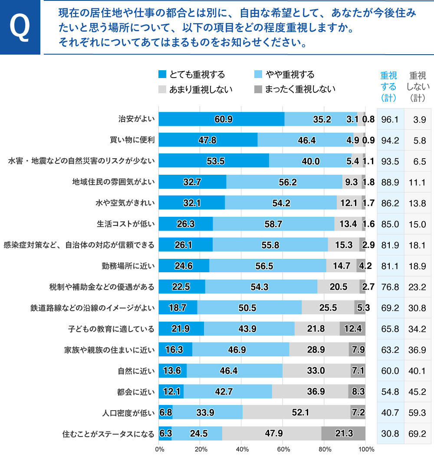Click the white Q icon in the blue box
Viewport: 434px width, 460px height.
[x=20, y=27]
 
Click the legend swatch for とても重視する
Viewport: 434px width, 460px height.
[x=163, y=75]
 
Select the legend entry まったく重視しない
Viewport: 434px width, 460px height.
[x=295, y=89]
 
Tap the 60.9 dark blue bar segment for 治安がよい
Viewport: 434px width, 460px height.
[x=221, y=119]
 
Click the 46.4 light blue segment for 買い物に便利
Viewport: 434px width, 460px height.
[x=306, y=140]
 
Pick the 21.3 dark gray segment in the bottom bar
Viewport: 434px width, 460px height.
[x=343, y=433]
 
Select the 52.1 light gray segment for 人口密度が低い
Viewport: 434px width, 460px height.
[x=296, y=412]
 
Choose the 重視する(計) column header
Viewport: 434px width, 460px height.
[x=388, y=86]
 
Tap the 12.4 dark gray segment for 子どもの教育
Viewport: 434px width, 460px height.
[x=352, y=329]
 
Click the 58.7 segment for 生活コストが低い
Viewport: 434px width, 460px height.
[x=273, y=224]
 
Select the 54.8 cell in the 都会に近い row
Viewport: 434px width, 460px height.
[x=390, y=391]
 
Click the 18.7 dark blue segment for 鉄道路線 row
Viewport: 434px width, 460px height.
[x=178, y=308]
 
